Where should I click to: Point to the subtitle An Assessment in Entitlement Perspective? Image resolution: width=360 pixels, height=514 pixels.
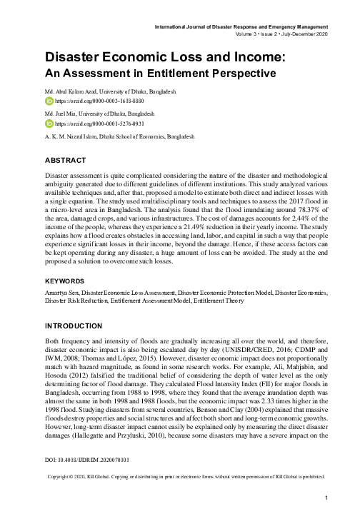coord(160,74)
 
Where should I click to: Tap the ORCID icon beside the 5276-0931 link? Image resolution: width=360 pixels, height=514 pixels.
coord(49,123)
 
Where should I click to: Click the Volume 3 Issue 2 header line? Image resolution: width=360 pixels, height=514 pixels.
coord(280,34)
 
